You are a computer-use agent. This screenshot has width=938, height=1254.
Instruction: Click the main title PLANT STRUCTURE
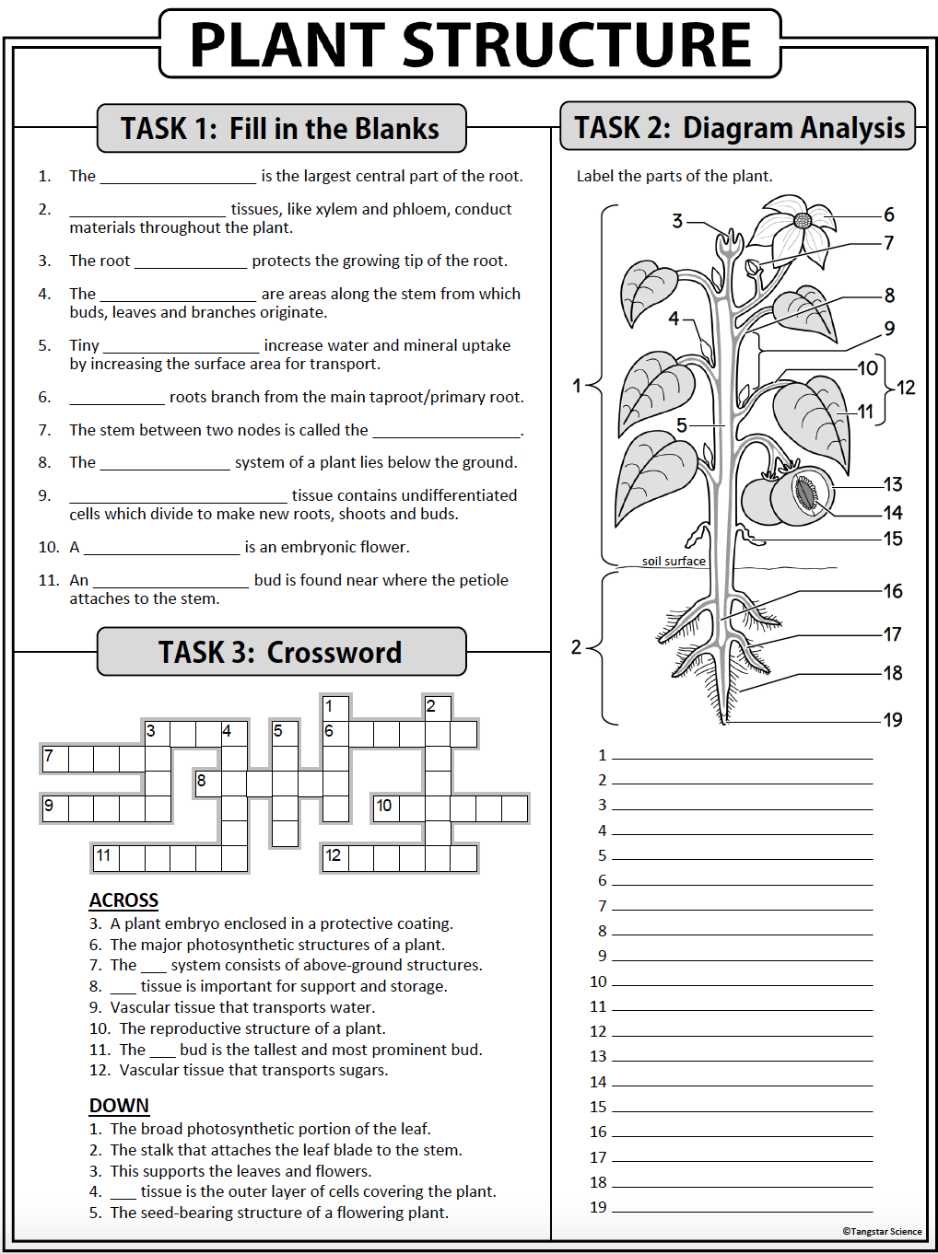(470, 44)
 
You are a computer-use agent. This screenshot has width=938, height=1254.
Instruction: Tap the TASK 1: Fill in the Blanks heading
(280, 128)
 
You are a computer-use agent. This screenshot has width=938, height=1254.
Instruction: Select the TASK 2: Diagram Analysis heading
(739, 127)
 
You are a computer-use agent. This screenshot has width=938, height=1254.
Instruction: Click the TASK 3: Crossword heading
(280, 652)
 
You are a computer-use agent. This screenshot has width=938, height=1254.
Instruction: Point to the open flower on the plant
(798, 226)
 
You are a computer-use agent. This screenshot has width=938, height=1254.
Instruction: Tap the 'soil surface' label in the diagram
(674, 561)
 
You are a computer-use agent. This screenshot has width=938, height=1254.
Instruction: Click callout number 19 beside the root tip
(893, 720)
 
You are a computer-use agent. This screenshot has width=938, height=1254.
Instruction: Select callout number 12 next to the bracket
(906, 388)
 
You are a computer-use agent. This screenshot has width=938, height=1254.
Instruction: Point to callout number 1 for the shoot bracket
(577, 386)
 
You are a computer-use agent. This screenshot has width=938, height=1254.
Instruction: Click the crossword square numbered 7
(54, 759)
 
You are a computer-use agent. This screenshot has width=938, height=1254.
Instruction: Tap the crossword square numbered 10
(386, 808)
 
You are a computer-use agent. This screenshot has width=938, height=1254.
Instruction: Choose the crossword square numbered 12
(334, 858)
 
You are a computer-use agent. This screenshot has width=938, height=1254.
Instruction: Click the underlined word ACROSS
(123, 900)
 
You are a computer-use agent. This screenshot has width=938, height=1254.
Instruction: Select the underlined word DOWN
(119, 1106)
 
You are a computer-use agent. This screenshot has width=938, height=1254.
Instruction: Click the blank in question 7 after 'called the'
(446, 431)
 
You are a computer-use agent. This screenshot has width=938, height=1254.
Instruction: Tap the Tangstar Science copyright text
(882, 1231)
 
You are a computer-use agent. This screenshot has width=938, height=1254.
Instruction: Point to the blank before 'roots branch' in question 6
(117, 398)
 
